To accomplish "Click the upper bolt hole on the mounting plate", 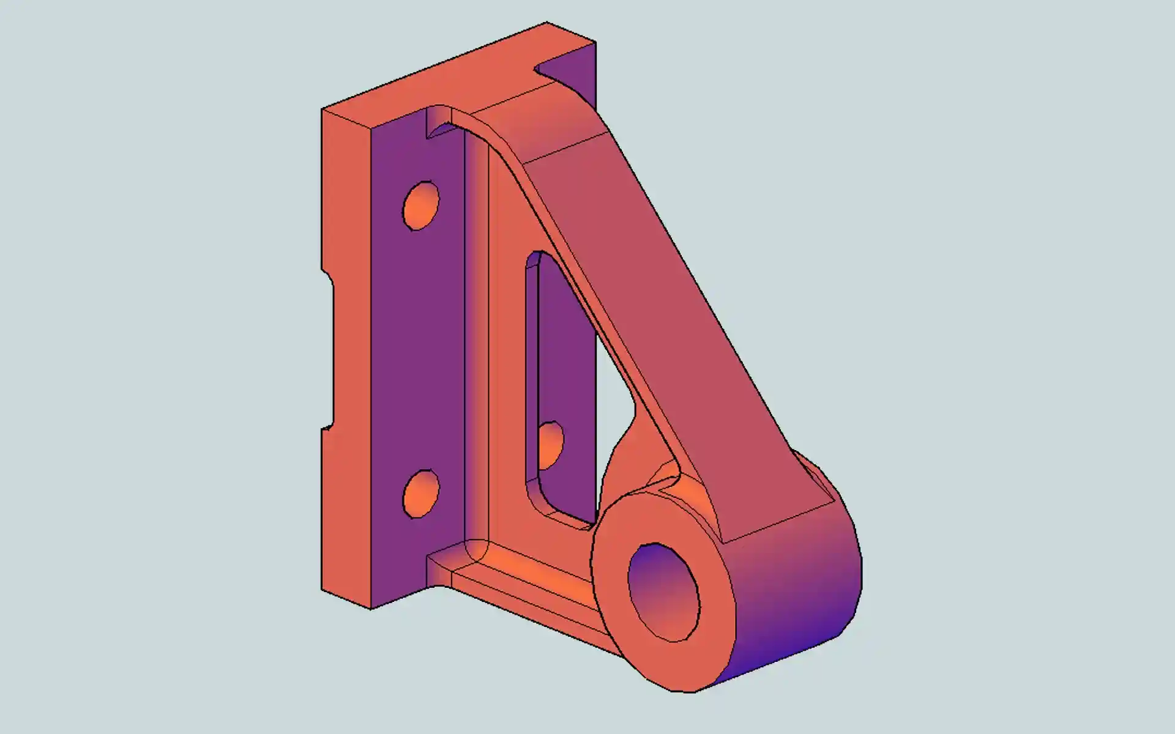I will tap(420, 206).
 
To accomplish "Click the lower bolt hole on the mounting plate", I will tap(421, 494).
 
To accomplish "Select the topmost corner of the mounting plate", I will tap(546, 23).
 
